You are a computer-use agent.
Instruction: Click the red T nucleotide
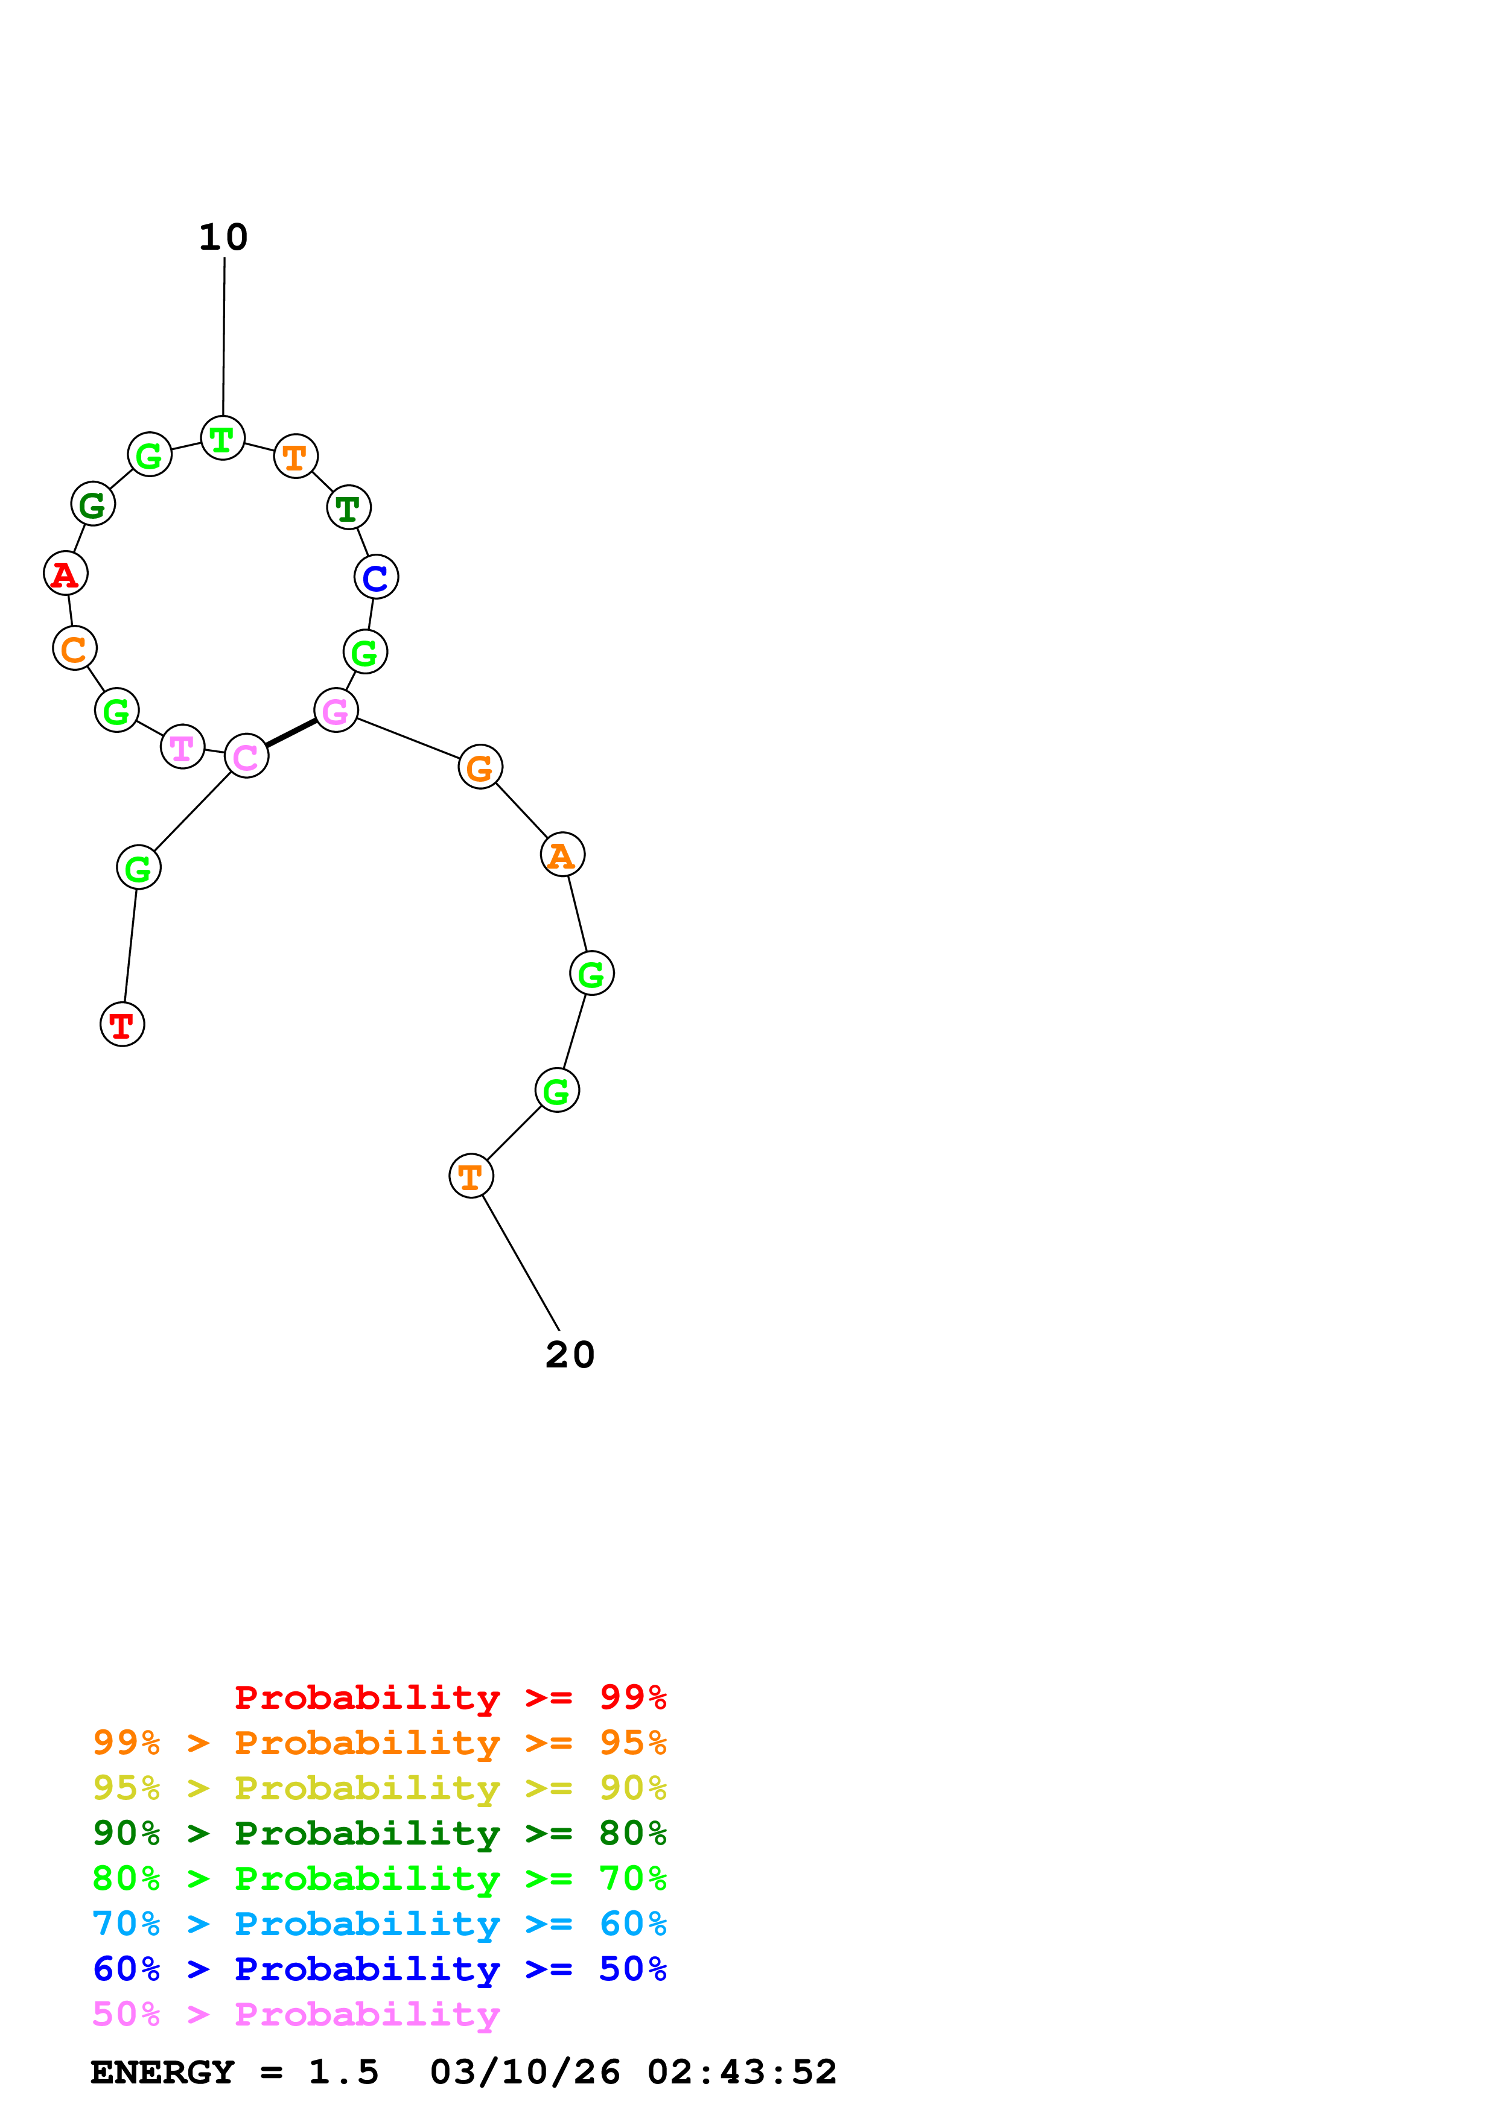[122, 1024]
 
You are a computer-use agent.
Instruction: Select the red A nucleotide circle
[65, 573]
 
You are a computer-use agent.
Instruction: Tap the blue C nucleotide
[376, 577]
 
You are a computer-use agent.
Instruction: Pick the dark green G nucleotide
[92, 504]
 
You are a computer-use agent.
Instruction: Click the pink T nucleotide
[182, 747]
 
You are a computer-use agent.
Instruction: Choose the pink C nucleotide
[246, 756]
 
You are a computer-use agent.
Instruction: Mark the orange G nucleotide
[480, 767]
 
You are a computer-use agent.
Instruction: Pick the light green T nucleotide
[222, 438]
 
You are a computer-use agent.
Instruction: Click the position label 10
[223, 237]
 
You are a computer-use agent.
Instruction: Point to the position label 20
[570, 1355]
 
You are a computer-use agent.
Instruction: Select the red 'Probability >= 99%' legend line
[450, 1697]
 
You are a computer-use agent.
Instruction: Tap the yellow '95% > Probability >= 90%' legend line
[379, 1787]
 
